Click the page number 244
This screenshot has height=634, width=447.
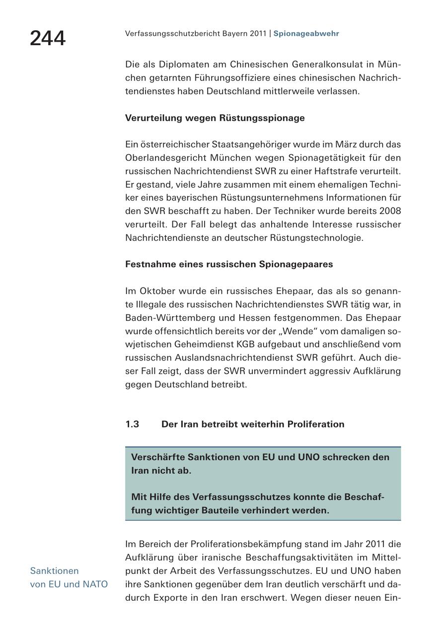coord(48,38)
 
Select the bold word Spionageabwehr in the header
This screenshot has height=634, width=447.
coord(306,34)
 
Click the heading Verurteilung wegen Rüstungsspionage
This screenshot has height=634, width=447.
coord(215,118)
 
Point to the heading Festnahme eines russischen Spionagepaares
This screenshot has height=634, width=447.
coord(229,264)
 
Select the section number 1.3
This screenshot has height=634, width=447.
coord(132,424)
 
